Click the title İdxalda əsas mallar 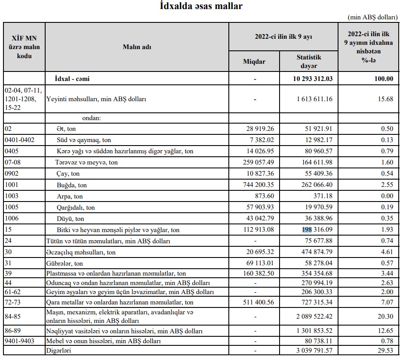200,6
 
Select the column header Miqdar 254,62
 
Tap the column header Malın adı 137,47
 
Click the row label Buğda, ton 72,185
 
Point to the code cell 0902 12,174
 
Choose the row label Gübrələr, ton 65,263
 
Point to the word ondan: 91,118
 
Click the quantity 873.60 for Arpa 264,196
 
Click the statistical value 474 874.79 314,252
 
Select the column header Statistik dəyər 309,62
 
